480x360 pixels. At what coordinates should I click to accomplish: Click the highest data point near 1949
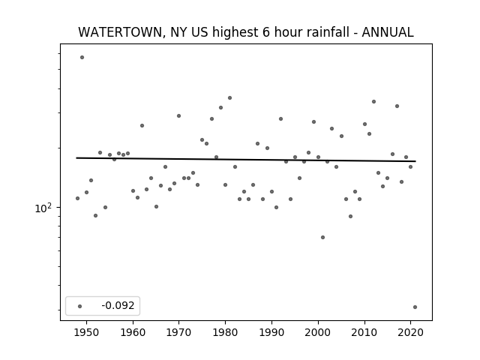(82, 57)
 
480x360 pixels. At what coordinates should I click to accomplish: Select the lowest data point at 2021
(415, 307)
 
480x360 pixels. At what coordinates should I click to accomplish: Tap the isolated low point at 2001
(322, 237)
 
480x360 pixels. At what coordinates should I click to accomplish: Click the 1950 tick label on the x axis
(87, 332)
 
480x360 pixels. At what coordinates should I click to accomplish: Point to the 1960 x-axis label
(133, 332)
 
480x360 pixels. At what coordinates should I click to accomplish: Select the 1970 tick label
(178, 332)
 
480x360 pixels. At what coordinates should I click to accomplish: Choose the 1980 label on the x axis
(225, 332)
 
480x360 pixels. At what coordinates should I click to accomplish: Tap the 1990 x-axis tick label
(271, 332)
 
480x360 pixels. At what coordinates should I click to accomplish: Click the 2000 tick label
(318, 332)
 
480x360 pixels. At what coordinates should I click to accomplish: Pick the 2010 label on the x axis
(364, 332)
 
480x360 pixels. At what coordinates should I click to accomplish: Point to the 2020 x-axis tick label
(410, 332)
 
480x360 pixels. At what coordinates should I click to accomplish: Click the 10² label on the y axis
(43, 208)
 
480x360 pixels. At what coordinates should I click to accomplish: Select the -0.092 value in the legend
(118, 305)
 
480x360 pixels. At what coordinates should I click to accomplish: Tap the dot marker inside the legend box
(80, 306)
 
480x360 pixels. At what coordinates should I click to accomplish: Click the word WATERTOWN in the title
(120, 32)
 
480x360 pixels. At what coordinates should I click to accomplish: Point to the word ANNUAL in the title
(388, 32)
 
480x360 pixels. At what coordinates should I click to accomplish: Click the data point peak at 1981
(230, 98)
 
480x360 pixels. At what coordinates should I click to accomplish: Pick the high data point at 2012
(373, 102)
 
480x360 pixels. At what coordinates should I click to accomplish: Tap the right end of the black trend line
(415, 161)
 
